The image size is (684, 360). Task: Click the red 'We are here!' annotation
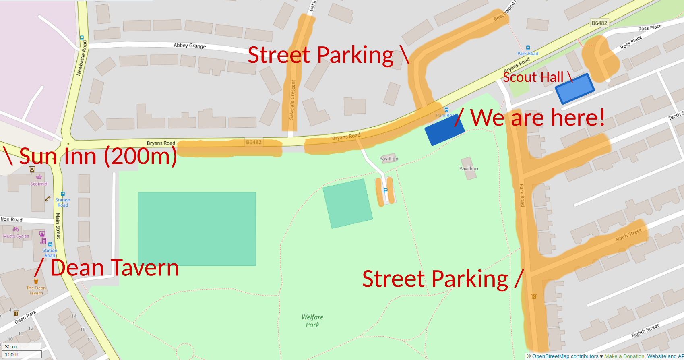[x=537, y=118]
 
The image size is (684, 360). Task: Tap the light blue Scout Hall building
[x=574, y=89]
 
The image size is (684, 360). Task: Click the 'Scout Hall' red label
[x=533, y=77]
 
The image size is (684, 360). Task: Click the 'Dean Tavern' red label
[x=114, y=268]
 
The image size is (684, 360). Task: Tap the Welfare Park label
[x=312, y=321]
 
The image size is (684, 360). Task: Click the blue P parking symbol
[x=385, y=191]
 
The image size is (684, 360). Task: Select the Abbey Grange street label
[x=190, y=46]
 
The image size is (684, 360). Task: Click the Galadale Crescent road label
[x=293, y=100]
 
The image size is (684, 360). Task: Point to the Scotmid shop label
[x=39, y=184]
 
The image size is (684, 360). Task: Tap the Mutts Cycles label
[x=16, y=236]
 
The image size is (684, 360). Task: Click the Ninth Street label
[x=628, y=235]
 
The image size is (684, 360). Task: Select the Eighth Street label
[x=645, y=331]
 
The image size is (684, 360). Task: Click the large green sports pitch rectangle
[x=197, y=229]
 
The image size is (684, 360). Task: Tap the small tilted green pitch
[x=347, y=203]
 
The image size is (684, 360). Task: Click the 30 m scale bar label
[x=11, y=346]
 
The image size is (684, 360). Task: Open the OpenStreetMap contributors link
[x=565, y=356]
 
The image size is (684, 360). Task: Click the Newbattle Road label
[x=82, y=58]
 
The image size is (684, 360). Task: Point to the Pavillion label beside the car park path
[x=388, y=159]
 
